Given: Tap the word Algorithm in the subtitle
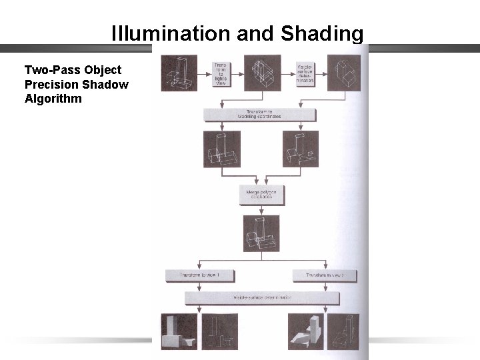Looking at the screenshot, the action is tap(53, 99).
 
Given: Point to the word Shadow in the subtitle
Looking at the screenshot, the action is tap(107, 84).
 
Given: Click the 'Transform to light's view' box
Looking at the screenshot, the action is tap(221, 74).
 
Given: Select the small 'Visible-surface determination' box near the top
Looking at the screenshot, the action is tap(305, 74).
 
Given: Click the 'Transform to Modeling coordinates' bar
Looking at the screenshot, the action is tap(259, 114).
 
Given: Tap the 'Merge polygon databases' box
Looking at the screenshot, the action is tap(259, 194).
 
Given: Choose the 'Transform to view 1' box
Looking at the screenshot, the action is tap(196, 275).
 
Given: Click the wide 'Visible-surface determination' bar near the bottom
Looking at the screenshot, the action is tap(259, 297).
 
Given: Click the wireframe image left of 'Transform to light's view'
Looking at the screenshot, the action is tap(179, 73).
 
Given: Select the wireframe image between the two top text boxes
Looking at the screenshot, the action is tap(263, 73).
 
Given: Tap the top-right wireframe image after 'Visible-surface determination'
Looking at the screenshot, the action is tap(344, 73).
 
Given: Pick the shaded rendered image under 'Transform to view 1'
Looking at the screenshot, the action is tap(179, 331).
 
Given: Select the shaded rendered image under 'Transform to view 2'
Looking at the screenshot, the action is tap(305, 331).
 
